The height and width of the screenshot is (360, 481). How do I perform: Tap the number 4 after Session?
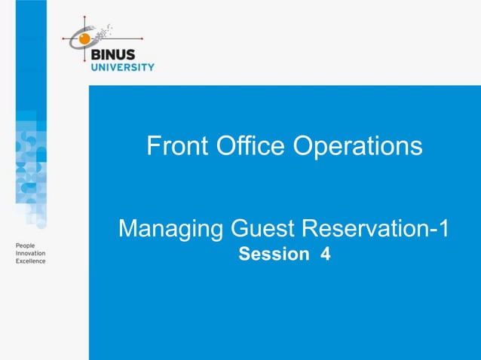325,255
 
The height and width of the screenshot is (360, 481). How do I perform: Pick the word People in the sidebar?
26,246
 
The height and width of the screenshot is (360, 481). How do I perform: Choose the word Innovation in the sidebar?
30,254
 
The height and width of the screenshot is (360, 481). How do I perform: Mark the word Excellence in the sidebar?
30,261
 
